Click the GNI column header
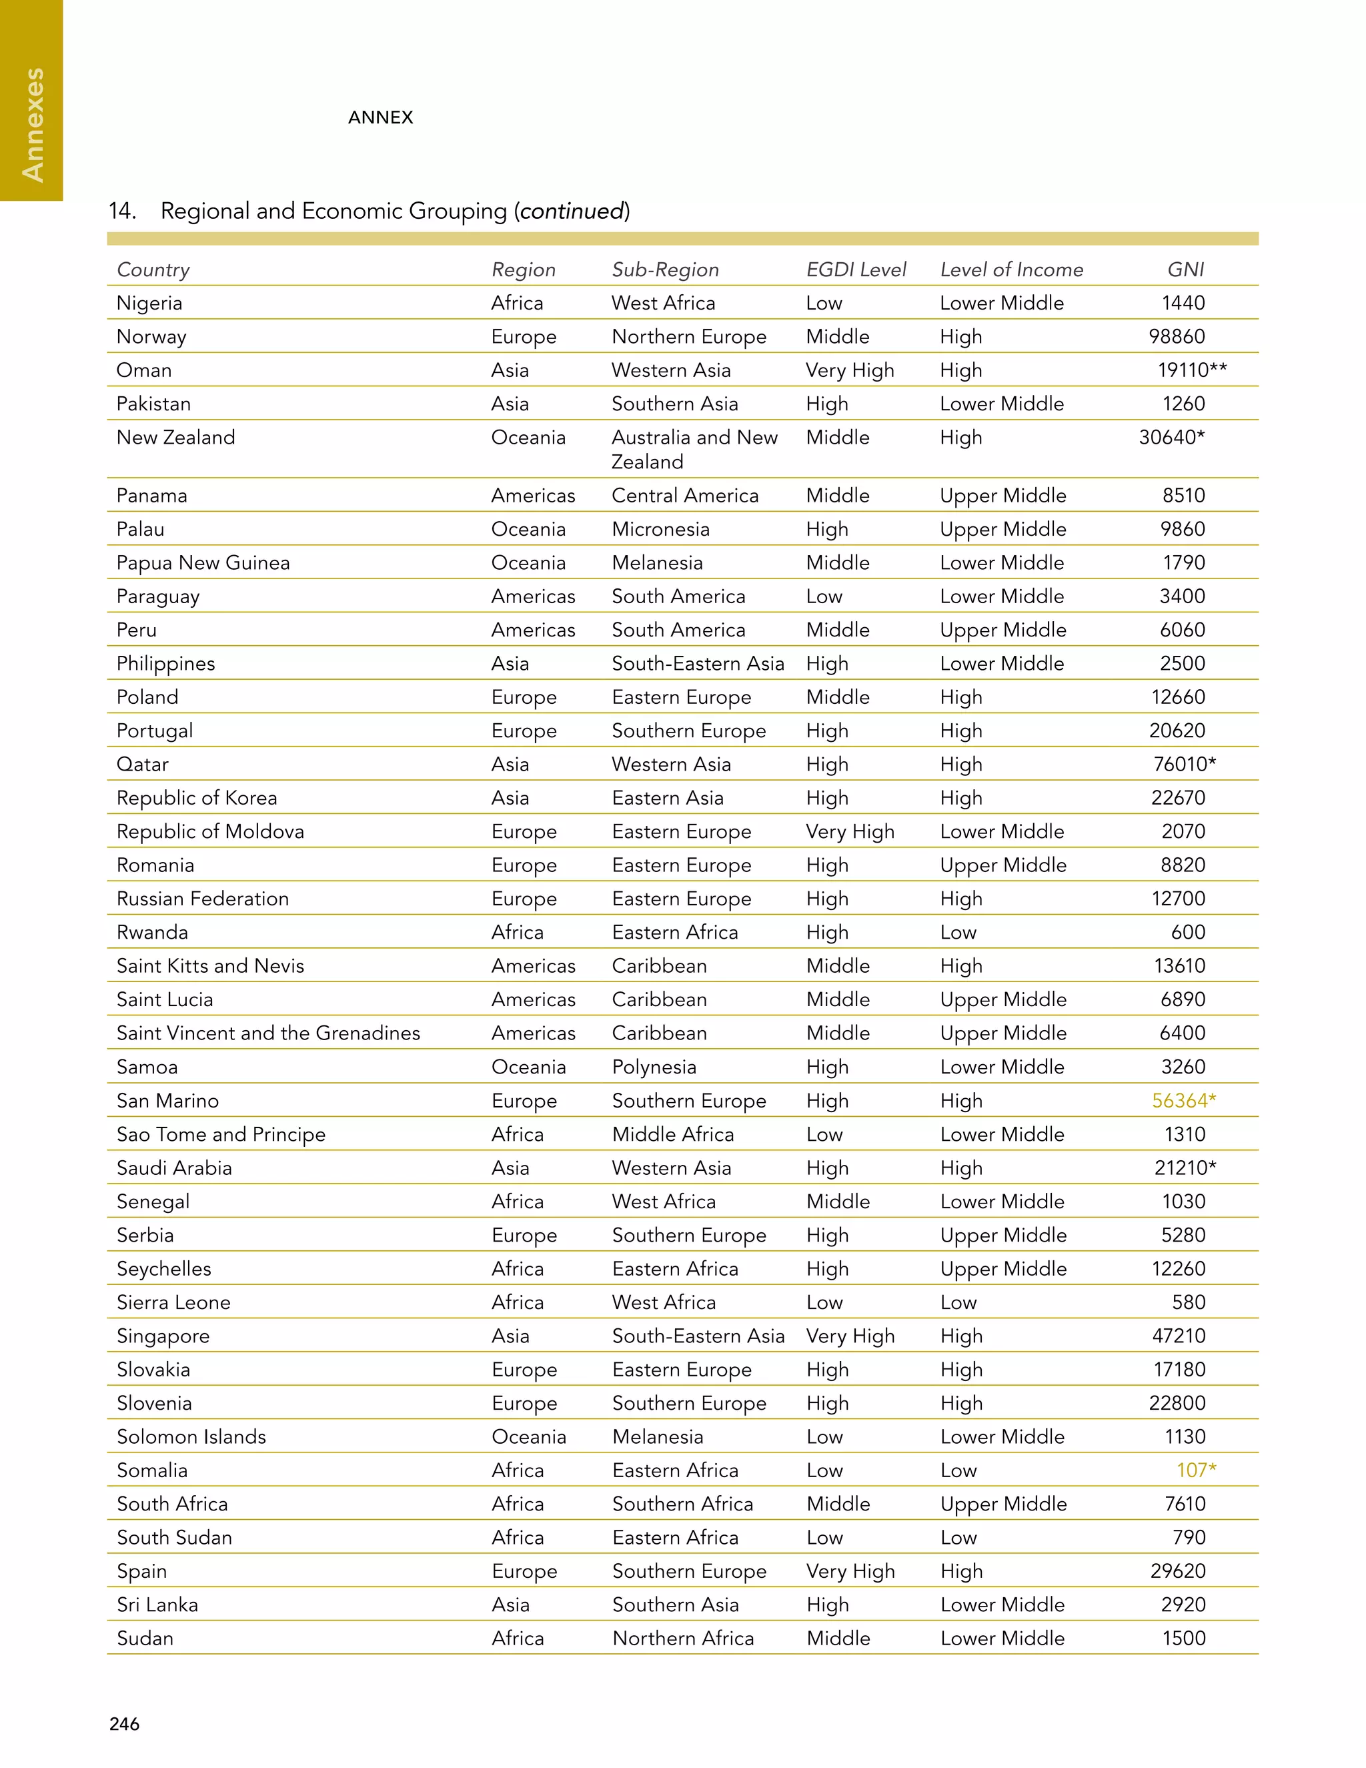[1185, 270]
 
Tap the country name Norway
[151, 337]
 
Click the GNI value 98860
[1177, 337]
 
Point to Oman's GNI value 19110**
[1191, 371]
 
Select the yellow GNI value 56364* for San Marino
[1183, 1101]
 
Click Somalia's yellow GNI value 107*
[1195, 1470]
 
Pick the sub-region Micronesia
[660, 530]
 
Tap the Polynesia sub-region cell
[654, 1067]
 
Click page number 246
[125, 1723]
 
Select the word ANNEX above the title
[380, 117]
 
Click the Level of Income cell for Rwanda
[958, 933]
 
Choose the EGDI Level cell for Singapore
[850, 1336]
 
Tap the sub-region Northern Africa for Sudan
[683, 1639]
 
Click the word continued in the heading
[573, 211]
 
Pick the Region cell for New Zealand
[528, 438]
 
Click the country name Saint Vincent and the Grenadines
[268, 1033]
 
